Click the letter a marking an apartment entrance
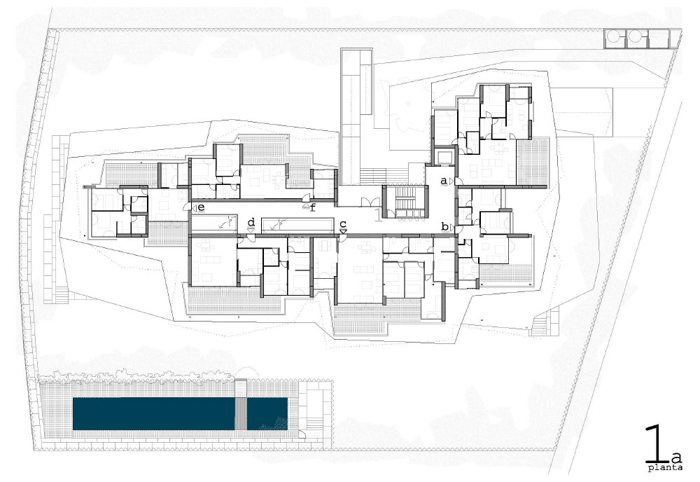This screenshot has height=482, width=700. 443,181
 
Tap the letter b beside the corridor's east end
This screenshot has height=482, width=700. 444,226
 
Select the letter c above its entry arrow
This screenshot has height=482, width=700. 343,223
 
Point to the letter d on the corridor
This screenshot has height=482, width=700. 251,221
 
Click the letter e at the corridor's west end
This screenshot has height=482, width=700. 201,207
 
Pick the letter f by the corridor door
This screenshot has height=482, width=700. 312,207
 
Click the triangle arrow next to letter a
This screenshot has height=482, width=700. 451,181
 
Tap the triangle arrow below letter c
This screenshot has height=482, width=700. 343,230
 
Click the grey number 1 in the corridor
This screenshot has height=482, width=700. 379,214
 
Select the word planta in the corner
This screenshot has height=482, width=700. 665,468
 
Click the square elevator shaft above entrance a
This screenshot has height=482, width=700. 444,157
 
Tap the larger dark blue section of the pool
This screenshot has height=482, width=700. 154,413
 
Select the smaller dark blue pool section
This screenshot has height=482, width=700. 267,413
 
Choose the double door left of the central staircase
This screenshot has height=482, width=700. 369,202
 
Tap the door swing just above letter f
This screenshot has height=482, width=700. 306,200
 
